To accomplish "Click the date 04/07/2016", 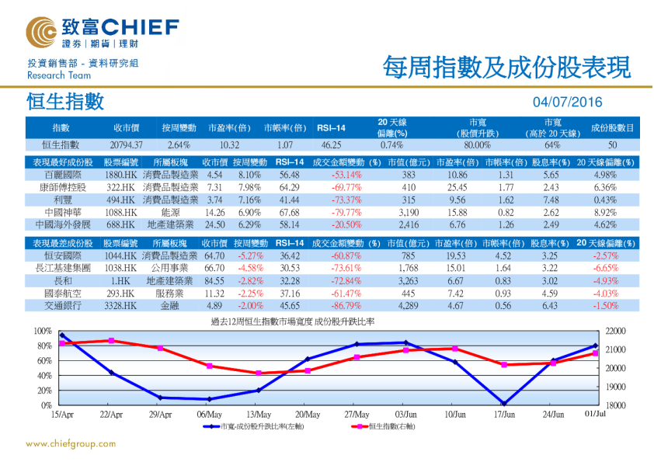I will point(568,102).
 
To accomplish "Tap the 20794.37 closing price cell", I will point(127,144).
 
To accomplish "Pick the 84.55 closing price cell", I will point(214,280).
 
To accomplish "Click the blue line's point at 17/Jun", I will point(504,403).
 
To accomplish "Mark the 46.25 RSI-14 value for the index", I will point(331,144).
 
